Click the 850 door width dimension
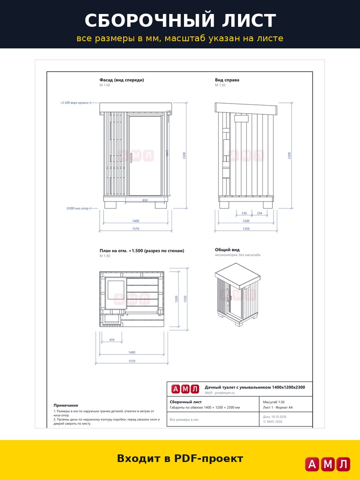coord(145,200)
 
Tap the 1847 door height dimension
coord(167,153)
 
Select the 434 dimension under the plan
coord(112,340)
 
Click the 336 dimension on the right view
coord(244,213)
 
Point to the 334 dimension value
coord(260,213)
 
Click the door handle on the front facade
coord(131,158)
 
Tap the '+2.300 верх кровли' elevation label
coord(74,102)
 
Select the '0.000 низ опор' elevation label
coord(78,208)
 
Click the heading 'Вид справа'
coord(227,80)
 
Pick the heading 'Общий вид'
coord(227,250)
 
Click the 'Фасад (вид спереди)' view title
coord(122,80)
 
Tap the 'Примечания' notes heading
coord(66,405)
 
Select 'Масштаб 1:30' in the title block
coord(274,402)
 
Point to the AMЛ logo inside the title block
coord(185,389)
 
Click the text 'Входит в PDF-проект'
coord(180,458)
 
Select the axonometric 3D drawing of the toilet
coord(238,294)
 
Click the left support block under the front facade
coord(110,205)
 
